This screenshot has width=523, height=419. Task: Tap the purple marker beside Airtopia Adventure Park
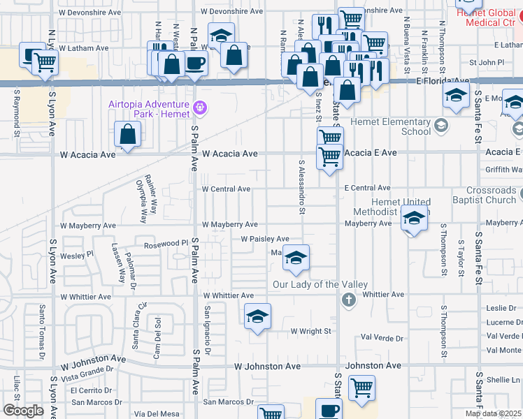point(200,107)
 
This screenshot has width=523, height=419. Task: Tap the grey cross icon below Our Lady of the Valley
point(348,300)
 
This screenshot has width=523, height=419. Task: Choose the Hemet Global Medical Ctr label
point(487,17)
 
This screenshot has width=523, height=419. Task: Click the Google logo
point(23,411)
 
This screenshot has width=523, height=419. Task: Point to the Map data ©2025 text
point(493,413)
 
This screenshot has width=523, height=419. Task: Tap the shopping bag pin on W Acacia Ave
point(128,135)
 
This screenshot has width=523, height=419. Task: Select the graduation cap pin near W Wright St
point(257,316)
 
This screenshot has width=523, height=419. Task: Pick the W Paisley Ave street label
point(265,239)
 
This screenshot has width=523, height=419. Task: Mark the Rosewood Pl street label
point(166,244)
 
